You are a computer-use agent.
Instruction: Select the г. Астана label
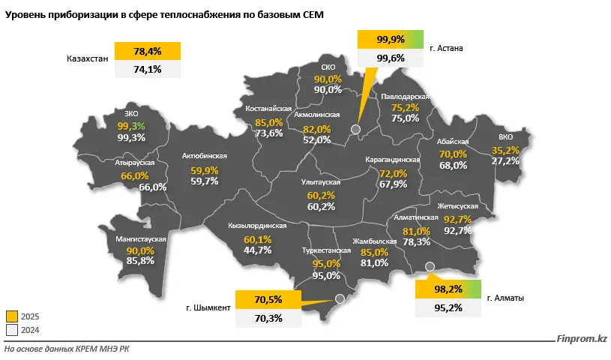[448, 49]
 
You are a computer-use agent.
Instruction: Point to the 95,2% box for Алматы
[447, 307]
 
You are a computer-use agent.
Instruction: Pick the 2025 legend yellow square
[11, 316]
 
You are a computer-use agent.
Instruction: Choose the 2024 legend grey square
[11, 329]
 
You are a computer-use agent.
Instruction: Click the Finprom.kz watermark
[583, 339]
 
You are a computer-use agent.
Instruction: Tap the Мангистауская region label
[141, 239]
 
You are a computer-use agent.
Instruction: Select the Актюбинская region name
[205, 157]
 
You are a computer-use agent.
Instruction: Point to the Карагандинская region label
[393, 160]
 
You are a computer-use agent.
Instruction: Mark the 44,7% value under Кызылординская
[258, 250]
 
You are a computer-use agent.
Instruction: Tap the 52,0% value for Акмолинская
[317, 139]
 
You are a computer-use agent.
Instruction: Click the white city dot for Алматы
[430, 266]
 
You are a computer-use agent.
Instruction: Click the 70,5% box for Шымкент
[268, 300]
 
